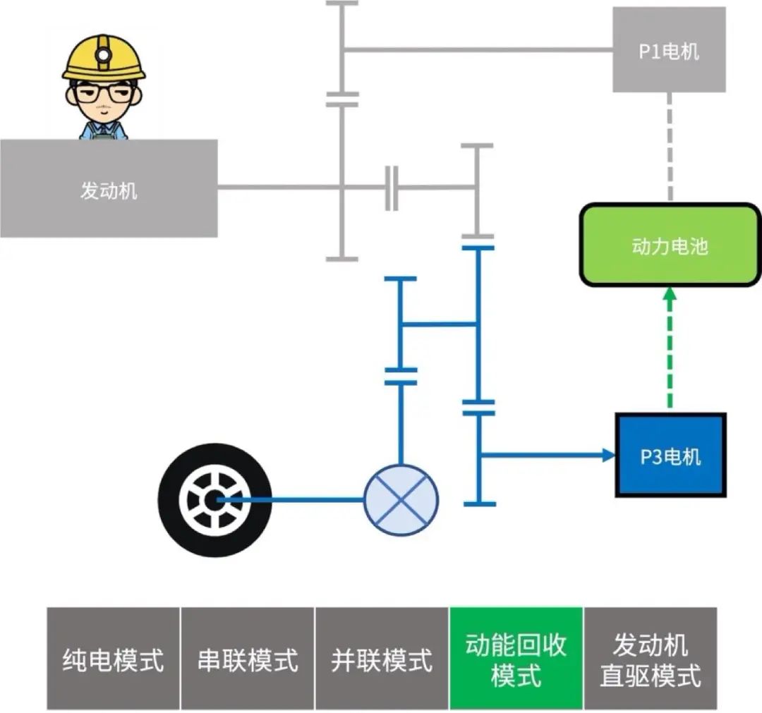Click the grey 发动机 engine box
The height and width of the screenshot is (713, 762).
(x=109, y=188)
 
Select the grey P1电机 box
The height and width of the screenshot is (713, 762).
(x=669, y=50)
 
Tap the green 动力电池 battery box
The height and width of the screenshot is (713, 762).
(x=669, y=245)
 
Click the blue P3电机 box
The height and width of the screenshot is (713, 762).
(x=670, y=456)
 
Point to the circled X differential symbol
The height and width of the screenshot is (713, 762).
(x=401, y=499)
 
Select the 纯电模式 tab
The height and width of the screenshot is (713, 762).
(x=114, y=659)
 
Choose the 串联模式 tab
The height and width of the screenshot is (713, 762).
(x=248, y=659)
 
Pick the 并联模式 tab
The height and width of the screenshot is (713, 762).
(x=382, y=659)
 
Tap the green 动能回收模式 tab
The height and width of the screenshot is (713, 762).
(x=516, y=659)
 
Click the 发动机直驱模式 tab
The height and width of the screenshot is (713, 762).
(x=651, y=659)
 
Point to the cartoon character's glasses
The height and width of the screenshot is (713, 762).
(x=104, y=93)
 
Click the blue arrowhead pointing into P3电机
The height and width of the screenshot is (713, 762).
(x=609, y=455)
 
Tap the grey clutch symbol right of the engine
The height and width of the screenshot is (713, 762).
(x=392, y=188)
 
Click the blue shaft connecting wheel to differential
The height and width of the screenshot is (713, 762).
(x=296, y=499)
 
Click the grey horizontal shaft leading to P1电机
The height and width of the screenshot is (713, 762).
(x=480, y=50)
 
